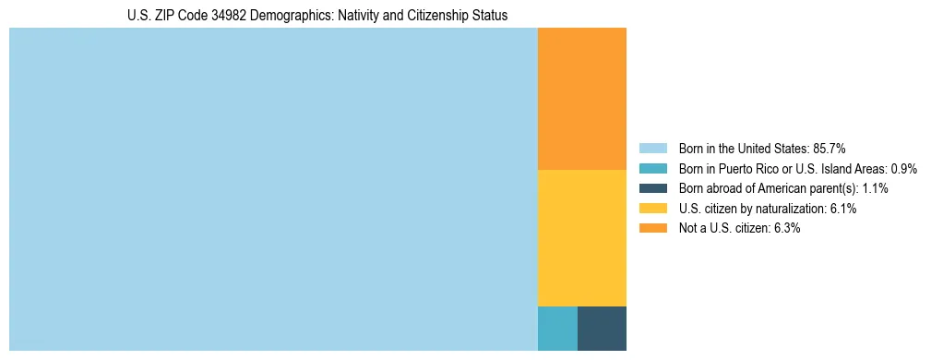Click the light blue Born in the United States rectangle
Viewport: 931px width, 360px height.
pyautogui.click(x=273, y=189)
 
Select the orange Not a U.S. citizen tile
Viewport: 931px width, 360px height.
pyautogui.click(x=581, y=99)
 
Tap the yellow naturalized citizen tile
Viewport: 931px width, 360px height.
pyautogui.click(x=581, y=238)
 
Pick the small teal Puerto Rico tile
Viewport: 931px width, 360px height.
pyautogui.click(x=557, y=328)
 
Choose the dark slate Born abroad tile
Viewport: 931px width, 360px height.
pyautogui.click(x=602, y=328)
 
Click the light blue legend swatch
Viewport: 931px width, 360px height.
pyautogui.click(x=653, y=148)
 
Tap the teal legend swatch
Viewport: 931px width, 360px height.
pyautogui.click(x=653, y=168)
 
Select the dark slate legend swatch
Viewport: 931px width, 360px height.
pyautogui.click(x=653, y=188)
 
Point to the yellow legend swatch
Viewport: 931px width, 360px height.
pyautogui.click(x=653, y=209)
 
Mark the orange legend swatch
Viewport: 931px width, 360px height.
pyautogui.click(x=653, y=229)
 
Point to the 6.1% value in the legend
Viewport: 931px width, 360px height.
pyautogui.click(x=843, y=209)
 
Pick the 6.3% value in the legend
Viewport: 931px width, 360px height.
pyautogui.click(x=786, y=229)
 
